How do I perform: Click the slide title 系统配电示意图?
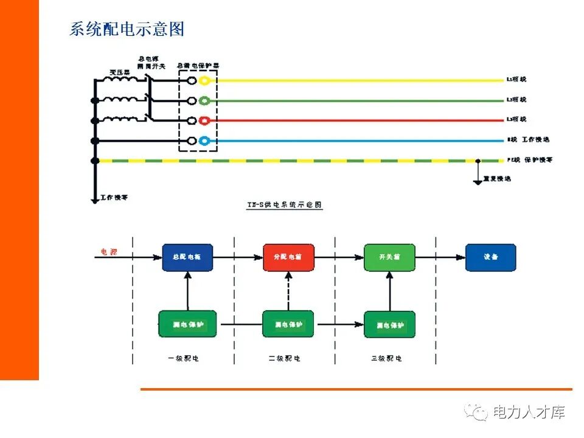click(127, 29)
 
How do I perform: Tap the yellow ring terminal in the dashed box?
click(205, 80)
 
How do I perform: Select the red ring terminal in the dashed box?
click(205, 120)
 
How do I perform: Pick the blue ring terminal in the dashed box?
click(205, 141)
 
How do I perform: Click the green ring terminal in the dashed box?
click(205, 100)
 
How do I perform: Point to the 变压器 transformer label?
click(120, 72)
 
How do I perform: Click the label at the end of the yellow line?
click(516, 80)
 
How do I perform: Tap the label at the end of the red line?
click(516, 119)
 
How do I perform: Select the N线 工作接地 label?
click(527, 139)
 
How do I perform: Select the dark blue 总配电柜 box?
click(188, 257)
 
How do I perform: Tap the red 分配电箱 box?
click(288, 257)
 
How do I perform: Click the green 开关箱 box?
click(389, 257)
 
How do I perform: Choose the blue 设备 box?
click(490, 257)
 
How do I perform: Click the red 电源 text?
click(109, 251)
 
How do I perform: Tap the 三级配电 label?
click(386, 358)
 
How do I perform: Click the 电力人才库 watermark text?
click(529, 412)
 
